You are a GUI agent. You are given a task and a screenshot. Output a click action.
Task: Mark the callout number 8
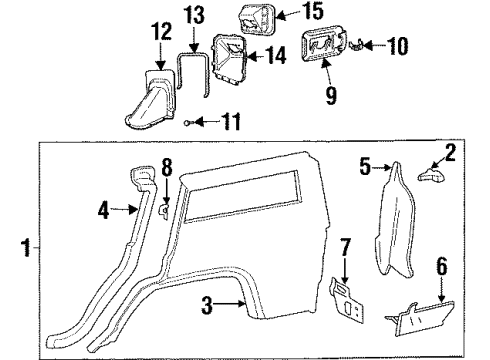click(x=167, y=166)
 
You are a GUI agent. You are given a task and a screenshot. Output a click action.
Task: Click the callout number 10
click(x=399, y=45)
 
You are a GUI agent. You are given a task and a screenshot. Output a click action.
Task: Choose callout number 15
click(x=286, y=13)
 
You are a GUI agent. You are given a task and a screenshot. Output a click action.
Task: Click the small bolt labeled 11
click(x=189, y=122)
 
